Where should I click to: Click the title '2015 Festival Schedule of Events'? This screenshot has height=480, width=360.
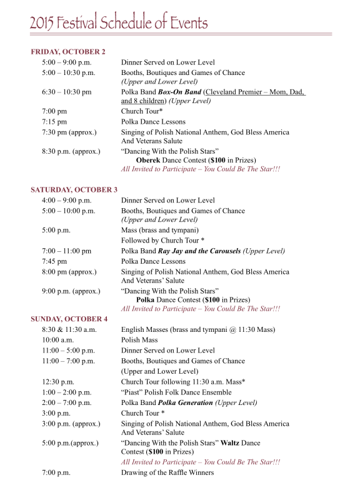pyautogui.click(x=118, y=23)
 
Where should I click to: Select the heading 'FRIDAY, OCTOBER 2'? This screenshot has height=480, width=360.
pyautogui.click(x=68, y=51)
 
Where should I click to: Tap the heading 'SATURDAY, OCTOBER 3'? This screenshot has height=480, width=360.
pyautogui.click(x=74, y=189)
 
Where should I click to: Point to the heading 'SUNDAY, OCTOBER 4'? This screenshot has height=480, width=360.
pyautogui.click(x=69, y=319)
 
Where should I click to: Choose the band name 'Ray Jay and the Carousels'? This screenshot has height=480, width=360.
pyautogui.click(x=205, y=251)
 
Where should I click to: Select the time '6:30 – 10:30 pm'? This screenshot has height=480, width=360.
pyautogui.click(x=67, y=92)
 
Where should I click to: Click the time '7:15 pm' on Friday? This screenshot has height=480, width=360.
pyautogui.click(x=53, y=122)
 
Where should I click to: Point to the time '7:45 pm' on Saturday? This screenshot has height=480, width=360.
pyautogui.click(x=54, y=261)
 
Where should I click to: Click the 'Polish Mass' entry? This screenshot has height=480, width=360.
pyautogui.click(x=141, y=340)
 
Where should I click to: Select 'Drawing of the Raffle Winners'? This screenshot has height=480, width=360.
pyautogui.click(x=167, y=472)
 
